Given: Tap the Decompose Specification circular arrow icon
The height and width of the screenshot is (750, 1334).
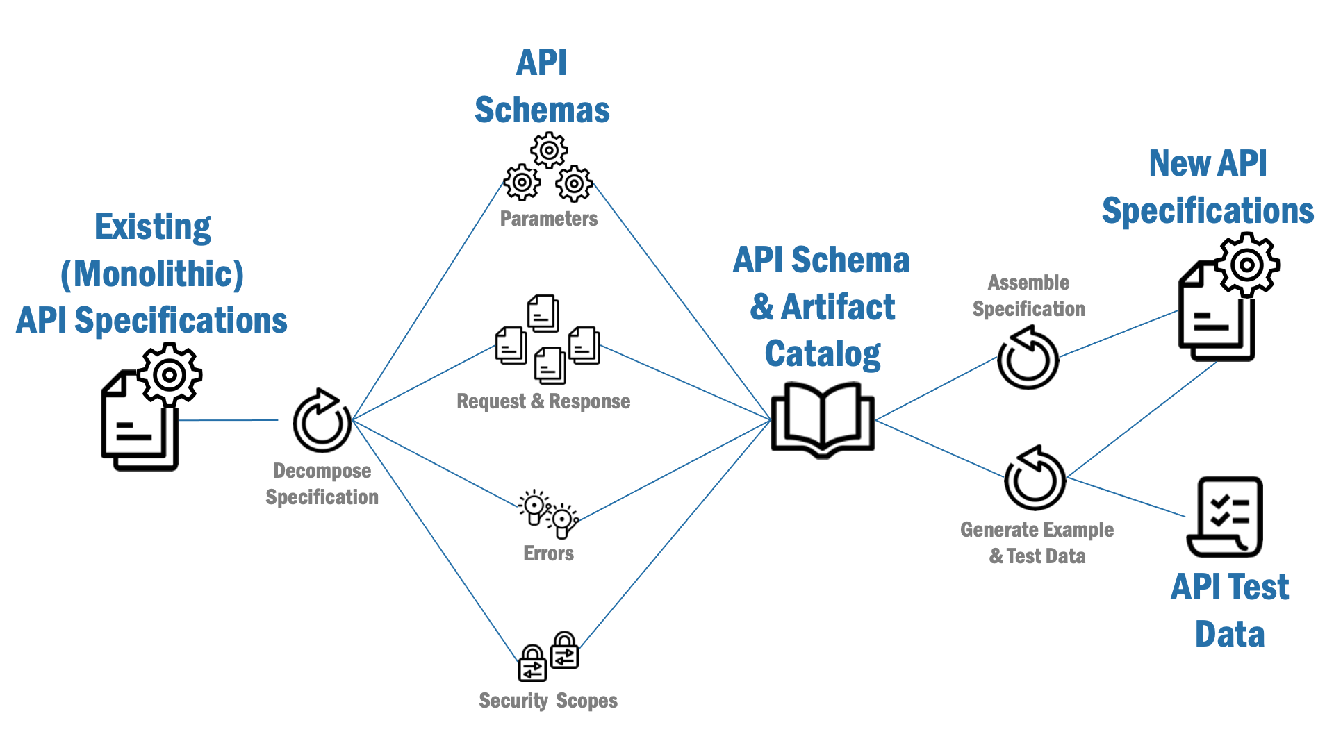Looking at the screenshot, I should pos(322,421).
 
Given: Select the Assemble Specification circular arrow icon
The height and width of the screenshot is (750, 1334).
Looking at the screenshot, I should pos(1028,358).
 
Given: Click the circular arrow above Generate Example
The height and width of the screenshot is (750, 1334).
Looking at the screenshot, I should pos(1035,478).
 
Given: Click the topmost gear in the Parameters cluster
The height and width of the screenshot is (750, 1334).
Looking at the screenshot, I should pos(549,150).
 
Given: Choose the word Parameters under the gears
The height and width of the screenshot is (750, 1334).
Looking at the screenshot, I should pos(548,219).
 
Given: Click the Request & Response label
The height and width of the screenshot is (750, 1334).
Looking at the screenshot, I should pos(543,401).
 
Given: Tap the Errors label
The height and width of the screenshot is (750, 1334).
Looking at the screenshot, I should pos(548,553).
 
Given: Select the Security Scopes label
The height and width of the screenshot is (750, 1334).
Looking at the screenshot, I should pos(547,701).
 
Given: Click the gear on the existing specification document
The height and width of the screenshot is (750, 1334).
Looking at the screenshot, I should pos(169,375).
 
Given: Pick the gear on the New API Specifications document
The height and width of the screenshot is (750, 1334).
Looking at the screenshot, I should pos(1247,265).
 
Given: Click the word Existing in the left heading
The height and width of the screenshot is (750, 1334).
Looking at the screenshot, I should pos(153,227).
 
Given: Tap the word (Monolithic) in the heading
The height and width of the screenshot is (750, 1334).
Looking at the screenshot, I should pos(152,274).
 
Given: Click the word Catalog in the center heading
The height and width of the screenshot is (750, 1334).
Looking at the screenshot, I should pos(823,353).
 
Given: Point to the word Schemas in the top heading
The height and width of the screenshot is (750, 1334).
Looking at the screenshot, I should pos(542,110).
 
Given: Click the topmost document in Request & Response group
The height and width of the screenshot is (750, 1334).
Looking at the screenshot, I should pos(543,313).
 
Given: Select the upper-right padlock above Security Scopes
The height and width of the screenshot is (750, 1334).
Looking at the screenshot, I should pos(564,650).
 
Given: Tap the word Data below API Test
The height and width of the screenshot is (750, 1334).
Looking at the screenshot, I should pos(1229,634).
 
